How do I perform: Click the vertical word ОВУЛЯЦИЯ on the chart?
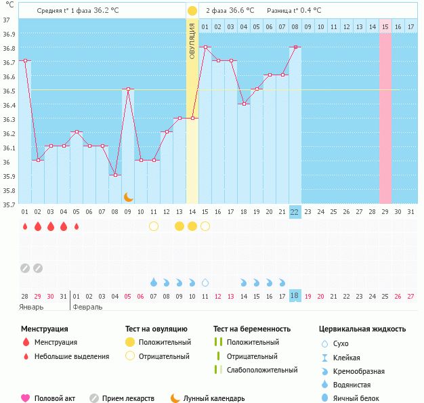pyautogui.click(x=192, y=40)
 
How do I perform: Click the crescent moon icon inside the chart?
pyautogui.click(x=128, y=196)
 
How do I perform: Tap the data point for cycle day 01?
pyautogui.click(x=25, y=60)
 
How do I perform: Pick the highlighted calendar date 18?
pyautogui.click(x=295, y=296)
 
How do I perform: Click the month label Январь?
pyautogui.click(x=32, y=307)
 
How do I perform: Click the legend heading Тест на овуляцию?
pyautogui.click(x=155, y=329)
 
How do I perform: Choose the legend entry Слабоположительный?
pyautogui.click(x=262, y=370)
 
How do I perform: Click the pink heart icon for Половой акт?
pyautogui.click(x=26, y=398)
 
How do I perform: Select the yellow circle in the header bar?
pyautogui.click(x=192, y=11)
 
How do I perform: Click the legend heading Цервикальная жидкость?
pyautogui.click(x=362, y=329)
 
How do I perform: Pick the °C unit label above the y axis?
pyautogui.click(x=9, y=5)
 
